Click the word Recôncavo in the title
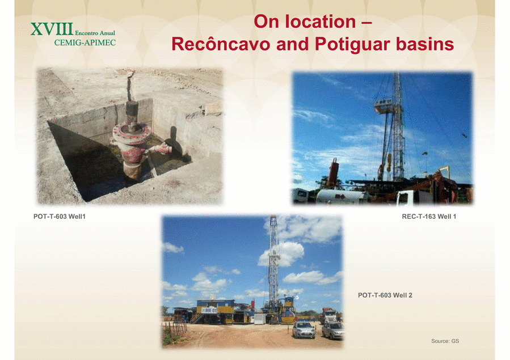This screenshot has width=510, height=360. click(221, 44)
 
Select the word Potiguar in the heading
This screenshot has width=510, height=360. click(353, 45)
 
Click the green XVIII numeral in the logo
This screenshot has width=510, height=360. click(52, 29)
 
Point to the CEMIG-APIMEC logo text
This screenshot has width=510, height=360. click(85, 43)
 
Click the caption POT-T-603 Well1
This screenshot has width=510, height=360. click(59, 217)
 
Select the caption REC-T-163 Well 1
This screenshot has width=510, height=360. click(429, 217)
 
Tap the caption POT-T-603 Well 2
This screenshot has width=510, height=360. click(385, 295)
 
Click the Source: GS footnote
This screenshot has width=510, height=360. click(445, 341)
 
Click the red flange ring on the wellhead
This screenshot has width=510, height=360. click(132, 133)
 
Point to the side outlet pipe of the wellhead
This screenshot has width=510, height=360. click(161, 149)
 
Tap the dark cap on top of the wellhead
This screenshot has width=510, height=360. click(132, 108)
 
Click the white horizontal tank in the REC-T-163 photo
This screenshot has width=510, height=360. click(342, 197)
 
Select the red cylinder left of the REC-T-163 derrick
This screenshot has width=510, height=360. click(334, 172)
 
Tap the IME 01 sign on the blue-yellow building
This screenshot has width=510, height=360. click(209, 310)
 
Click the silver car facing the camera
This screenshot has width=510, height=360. click(304, 330)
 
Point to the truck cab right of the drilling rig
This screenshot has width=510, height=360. click(329, 316)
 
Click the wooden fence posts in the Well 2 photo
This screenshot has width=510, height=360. click(176, 328)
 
